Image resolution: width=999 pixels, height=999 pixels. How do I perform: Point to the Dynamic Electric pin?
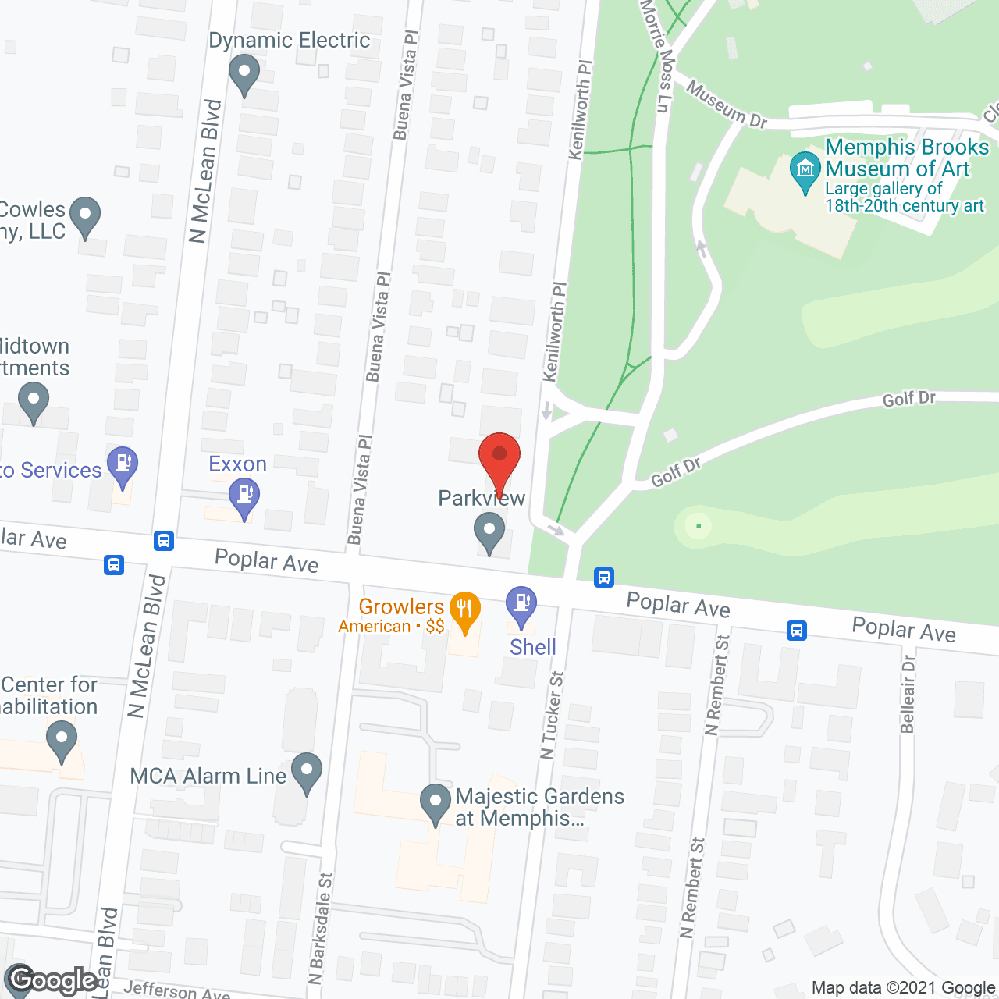pyautogui.click(x=244, y=73)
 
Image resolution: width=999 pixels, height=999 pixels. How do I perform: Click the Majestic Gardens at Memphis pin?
pyautogui.click(x=436, y=802)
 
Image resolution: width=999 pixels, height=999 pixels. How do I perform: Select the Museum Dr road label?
pyautogui.click(x=727, y=105)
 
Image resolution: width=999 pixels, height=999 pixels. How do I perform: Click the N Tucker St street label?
pyautogui.click(x=552, y=715)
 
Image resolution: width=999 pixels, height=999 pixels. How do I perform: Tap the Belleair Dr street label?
pyautogui.click(x=908, y=694)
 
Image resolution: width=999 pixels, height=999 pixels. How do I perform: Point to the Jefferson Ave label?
pyautogui.click(x=176, y=990)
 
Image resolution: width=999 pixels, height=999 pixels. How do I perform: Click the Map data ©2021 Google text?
pyautogui.click(x=903, y=988)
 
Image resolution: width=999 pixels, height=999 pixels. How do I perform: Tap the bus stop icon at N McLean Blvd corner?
pyautogui.click(x=164, y=540)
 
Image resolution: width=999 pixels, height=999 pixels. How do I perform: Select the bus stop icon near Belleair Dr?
pyautogui.click(x=796, y=630)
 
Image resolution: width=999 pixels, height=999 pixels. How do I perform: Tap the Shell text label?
pyautogui.click(x=533, y=647)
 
